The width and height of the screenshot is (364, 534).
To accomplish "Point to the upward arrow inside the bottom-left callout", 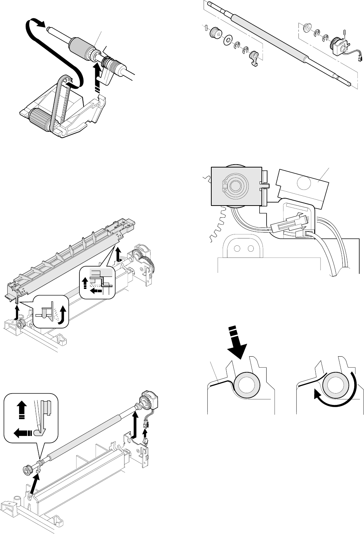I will click(21, 408).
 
